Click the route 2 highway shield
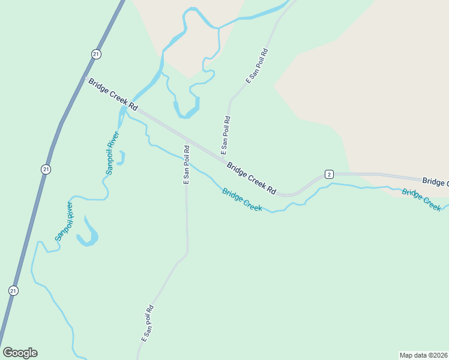tap(328, 174)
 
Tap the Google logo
tap(20, 353)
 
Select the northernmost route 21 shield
tap(96, 54)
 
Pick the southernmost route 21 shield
tap(13, 290)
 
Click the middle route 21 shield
tap(46, 170)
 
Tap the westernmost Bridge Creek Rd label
tap(113, 94)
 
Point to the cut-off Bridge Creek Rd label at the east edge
tap(435, 181)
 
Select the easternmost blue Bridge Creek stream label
tap(421, 199)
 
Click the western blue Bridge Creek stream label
tap(242, 200)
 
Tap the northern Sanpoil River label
tap(112, 153)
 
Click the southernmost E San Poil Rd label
tap(148, 323)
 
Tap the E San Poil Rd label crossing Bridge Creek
tap(187, 164)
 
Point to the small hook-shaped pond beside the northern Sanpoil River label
tap(121, 158)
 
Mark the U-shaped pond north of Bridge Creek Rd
tap(186, 110)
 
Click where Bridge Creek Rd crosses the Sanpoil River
tap(124, 107)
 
